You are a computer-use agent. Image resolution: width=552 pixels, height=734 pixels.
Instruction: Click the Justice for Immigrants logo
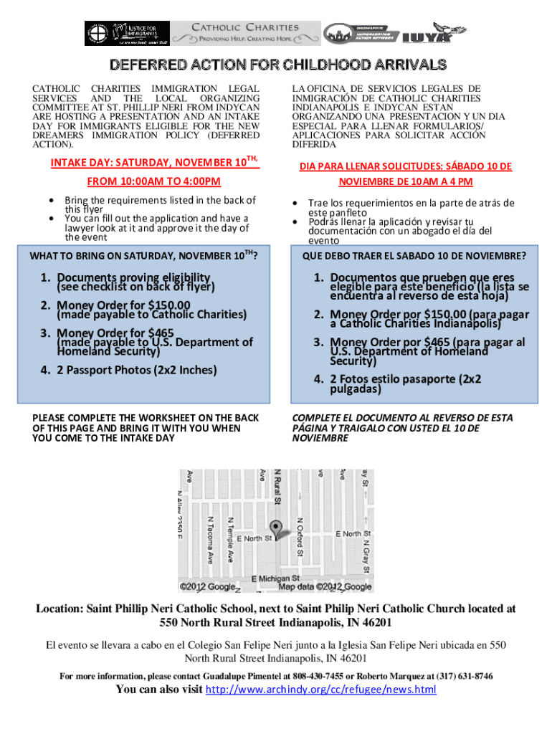(x=127, y=33)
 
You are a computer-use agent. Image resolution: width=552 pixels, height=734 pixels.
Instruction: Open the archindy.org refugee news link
(x=320, y=690)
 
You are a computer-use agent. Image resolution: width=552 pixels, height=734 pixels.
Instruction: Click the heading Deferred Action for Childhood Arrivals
(x=276, y=65)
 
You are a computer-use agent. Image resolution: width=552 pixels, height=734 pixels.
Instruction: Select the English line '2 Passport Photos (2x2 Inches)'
(x=136, y=371)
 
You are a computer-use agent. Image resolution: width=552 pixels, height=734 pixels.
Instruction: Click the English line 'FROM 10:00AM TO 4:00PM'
(x=153, y=182)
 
